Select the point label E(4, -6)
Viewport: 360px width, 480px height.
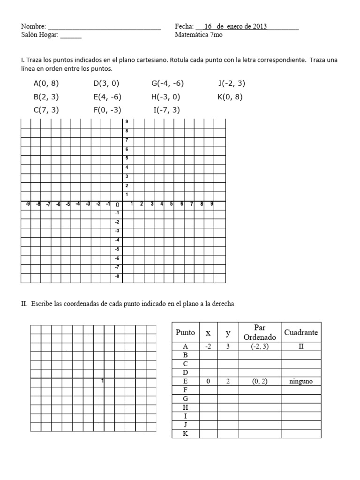pos(107,97)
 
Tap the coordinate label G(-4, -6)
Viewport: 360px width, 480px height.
pos(167,83)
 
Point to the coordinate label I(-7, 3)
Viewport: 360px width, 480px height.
pos(166,110)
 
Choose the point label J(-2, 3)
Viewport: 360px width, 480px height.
pos(232,83)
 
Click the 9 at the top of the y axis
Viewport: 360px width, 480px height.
pos(127,122)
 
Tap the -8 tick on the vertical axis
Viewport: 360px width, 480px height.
pos(117,276)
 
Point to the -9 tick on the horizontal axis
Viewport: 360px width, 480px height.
pos(28,204)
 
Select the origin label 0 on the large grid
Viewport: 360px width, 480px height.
pos(117,205)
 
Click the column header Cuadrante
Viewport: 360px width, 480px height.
pos(301,332)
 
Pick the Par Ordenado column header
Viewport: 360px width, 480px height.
pos(260,332)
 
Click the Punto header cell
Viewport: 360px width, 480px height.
pos(185,332)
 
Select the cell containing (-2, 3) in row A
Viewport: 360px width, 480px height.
pos(260,346)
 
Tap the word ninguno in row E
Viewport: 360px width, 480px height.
pos(301,382)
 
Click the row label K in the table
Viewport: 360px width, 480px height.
pos(185,434)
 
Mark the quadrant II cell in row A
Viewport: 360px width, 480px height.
pos(301,346)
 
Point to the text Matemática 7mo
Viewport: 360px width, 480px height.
pos(199,35)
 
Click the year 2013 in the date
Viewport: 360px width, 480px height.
pos(259,27)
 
